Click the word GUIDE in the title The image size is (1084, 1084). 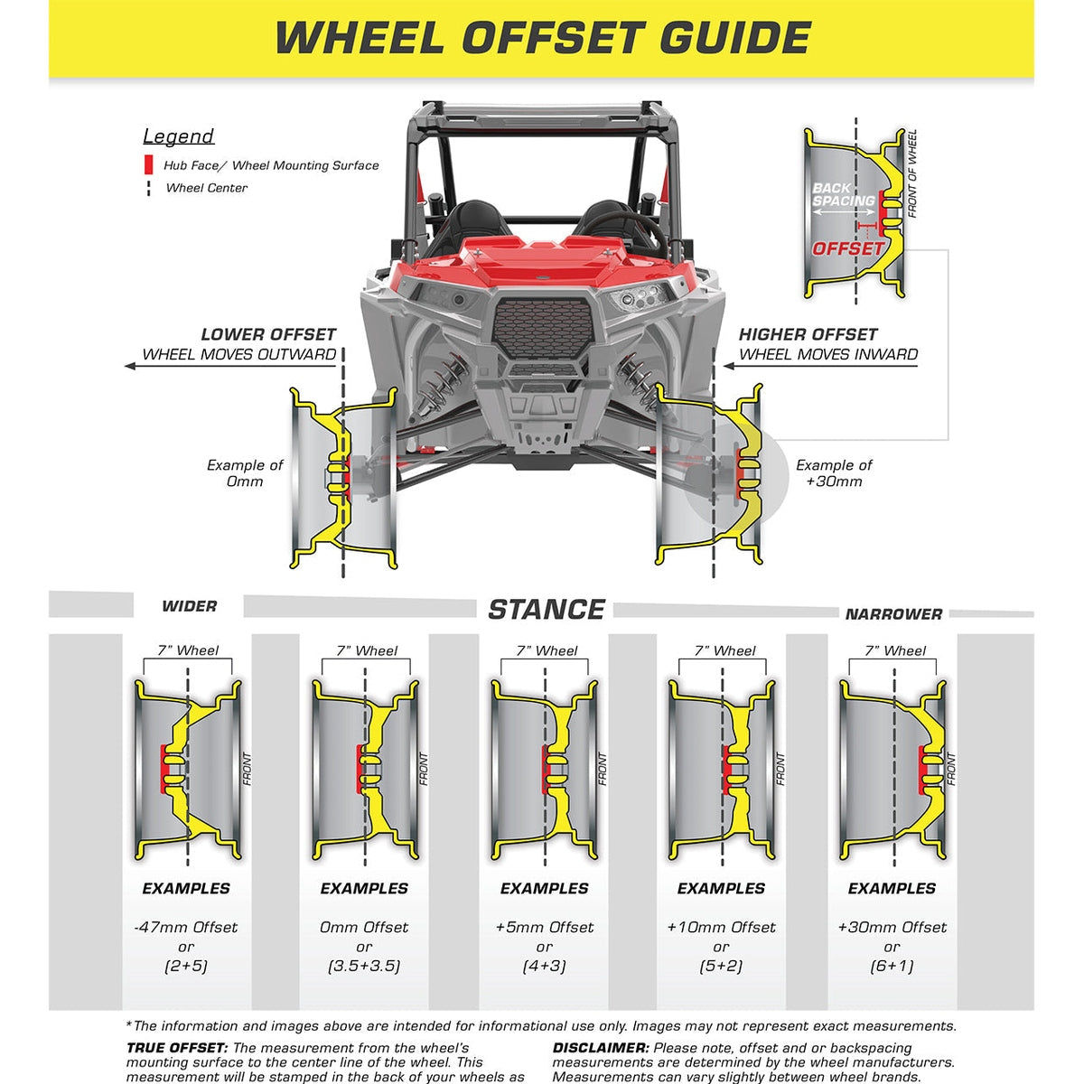(735, 38)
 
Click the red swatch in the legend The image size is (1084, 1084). (148, 164)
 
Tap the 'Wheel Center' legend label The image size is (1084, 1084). (207, 188)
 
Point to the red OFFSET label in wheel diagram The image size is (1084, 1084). (847, 248)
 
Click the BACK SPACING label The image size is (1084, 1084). (844, 194)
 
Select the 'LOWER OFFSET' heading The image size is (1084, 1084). (268, 335)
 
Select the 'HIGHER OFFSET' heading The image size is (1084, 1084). (808, 335)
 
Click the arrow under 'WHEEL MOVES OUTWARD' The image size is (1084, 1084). (230, 366)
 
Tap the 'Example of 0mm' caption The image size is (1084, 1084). (245, 473)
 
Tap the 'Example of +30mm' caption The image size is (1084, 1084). (834, 473)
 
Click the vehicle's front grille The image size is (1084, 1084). (543, 329)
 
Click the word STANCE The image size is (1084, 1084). (547, 610)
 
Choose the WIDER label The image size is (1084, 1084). (189, 606)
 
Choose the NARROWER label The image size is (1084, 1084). (894, 614)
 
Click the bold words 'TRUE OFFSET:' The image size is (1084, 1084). (177, 1048)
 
